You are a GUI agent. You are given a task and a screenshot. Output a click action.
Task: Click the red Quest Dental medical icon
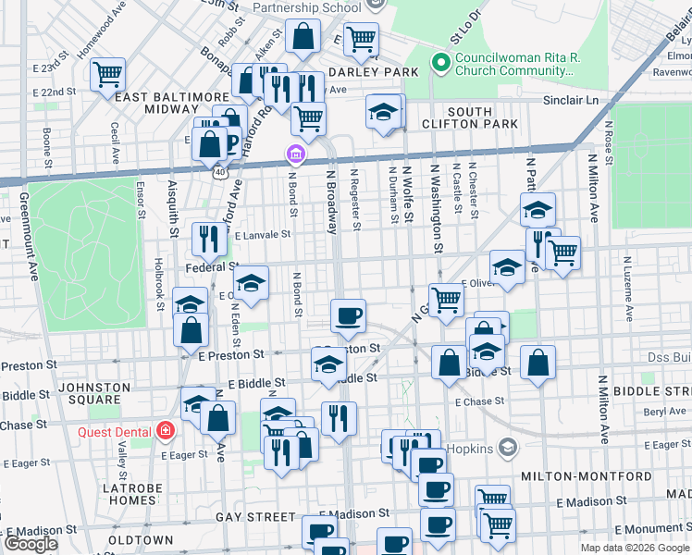[x=166, y=430]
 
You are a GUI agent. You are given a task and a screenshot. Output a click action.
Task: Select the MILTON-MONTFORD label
[x=569, y=475]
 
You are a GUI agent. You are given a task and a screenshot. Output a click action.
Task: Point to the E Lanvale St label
[x=263, y=235]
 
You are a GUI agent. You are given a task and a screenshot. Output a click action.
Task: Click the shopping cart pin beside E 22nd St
[x=108, y=73]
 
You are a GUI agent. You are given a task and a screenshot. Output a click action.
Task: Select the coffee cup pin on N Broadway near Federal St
[x=348, y=315]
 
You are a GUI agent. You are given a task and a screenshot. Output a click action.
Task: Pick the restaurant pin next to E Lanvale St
[x=209, y=239]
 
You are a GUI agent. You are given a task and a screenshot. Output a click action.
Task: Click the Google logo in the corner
[x=31, y=544]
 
